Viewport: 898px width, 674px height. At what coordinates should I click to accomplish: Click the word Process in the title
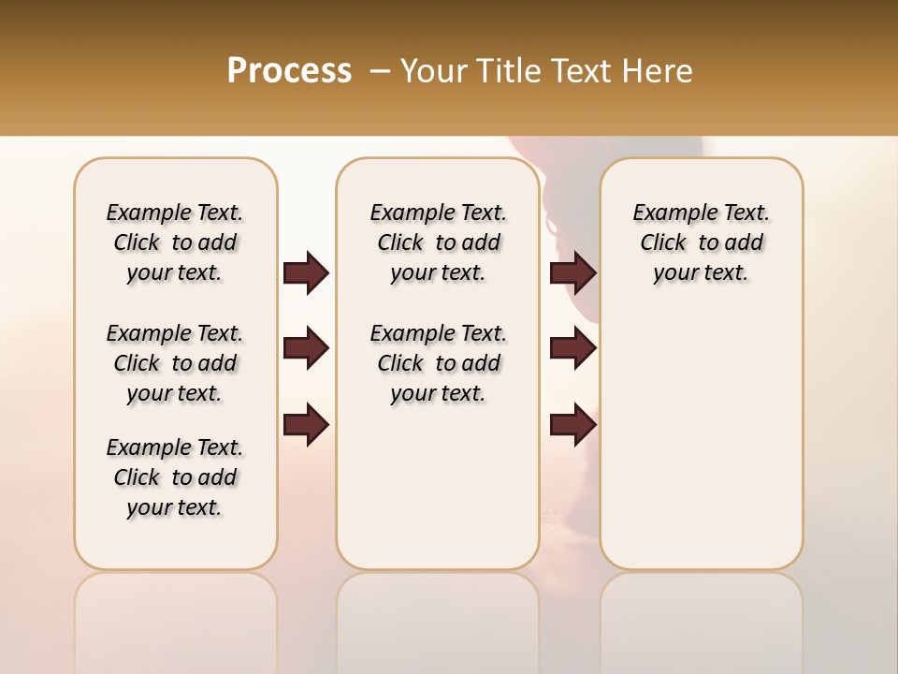[289, 71]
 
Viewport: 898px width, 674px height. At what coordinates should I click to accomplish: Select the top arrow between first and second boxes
[306, 273]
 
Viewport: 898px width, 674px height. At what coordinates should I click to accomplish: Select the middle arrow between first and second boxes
[306, 349]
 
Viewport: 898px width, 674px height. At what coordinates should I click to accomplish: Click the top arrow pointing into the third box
[572, 273]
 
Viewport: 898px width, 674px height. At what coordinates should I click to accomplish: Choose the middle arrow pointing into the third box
[572, 349]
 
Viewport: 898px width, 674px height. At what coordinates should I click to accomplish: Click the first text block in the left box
[175, 242]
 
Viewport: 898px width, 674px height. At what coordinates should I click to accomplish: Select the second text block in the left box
[175, 363]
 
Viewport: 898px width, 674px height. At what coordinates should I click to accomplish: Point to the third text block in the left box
[175, 477]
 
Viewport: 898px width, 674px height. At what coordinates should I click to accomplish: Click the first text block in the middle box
[438, 242]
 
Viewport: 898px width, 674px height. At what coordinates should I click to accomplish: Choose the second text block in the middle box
[438, 363]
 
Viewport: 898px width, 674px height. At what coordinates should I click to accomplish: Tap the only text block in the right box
[701, 242]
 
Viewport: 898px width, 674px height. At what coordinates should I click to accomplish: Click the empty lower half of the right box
[701, 449]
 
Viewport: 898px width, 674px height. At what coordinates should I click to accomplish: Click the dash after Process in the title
[380, 71]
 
